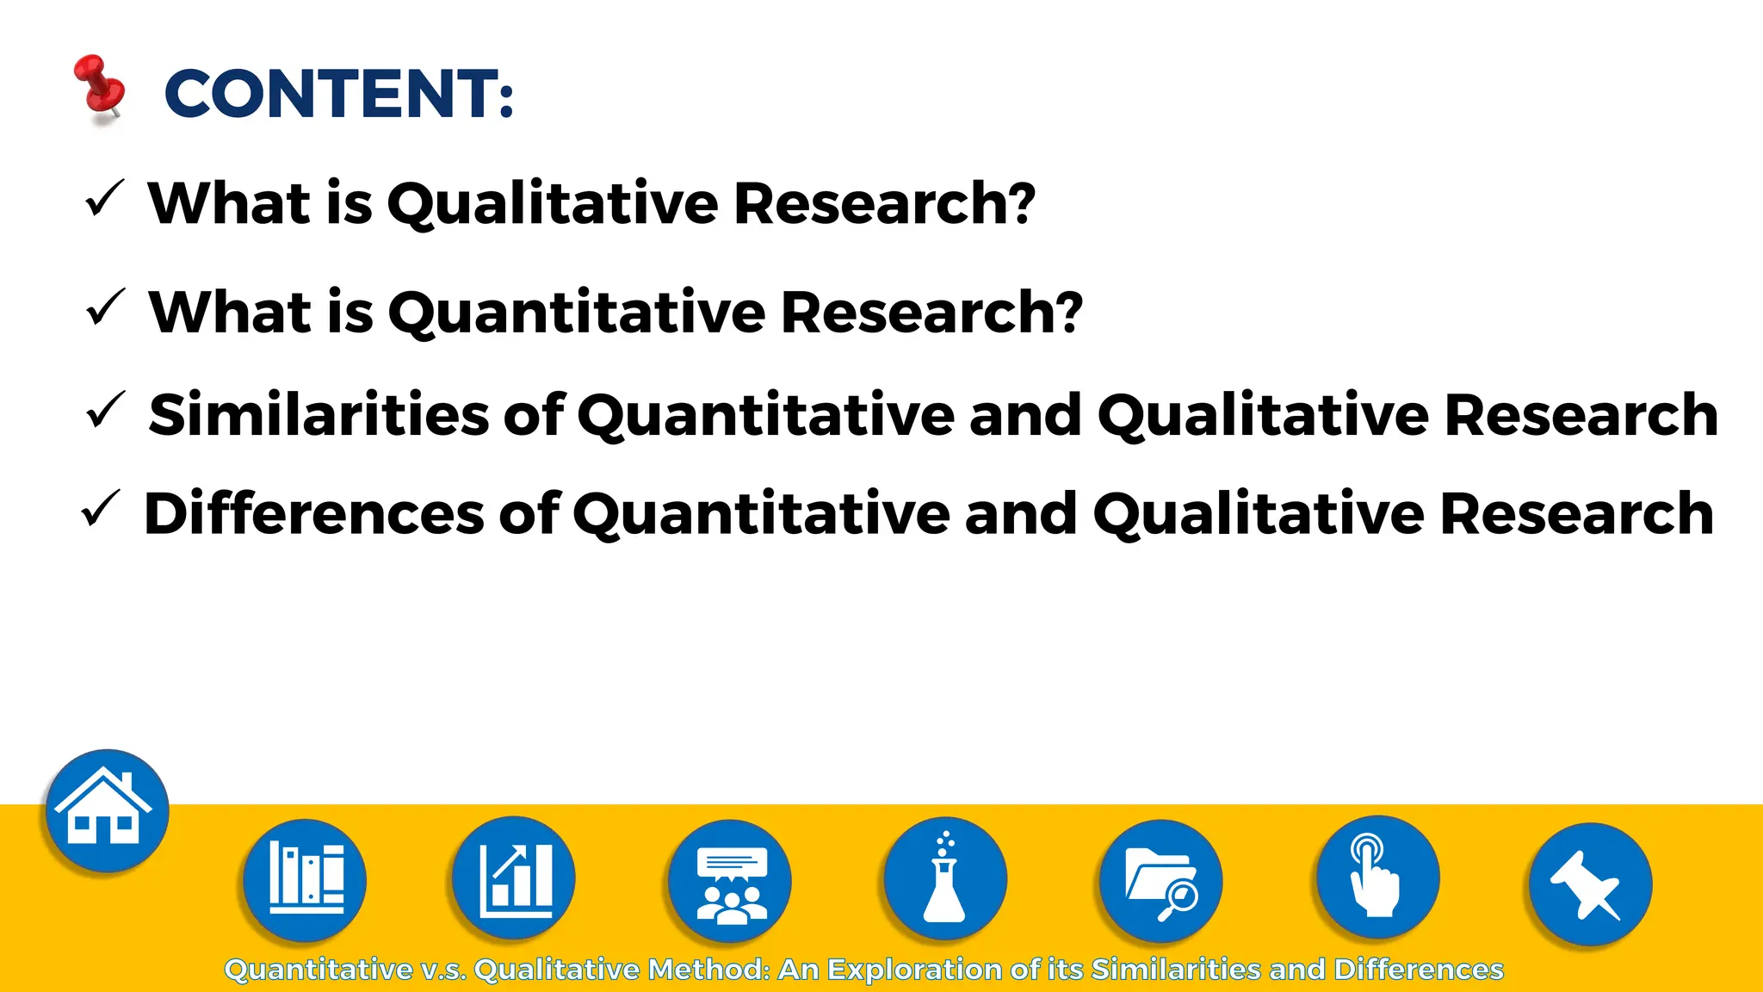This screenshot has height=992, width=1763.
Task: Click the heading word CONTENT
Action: (x=338, y=94)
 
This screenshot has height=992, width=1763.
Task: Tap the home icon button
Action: (x=107, y=810)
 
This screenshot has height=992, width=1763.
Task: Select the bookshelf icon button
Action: (x=305, y=879)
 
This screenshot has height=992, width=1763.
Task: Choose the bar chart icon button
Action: (x=514, y=877)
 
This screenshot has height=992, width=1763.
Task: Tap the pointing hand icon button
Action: (x=1377, y=877)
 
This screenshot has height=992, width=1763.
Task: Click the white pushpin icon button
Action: (x=1590, y=884)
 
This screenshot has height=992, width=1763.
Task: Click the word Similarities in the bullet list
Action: (x=319, y=415)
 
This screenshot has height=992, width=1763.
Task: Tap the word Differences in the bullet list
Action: (x=314, y=514)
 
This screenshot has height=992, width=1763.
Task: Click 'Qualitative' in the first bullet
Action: (x=553, y=204)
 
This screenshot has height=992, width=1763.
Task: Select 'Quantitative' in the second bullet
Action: (x=577, y=313)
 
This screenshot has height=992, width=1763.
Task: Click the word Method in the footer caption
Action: (x=708, y=970)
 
